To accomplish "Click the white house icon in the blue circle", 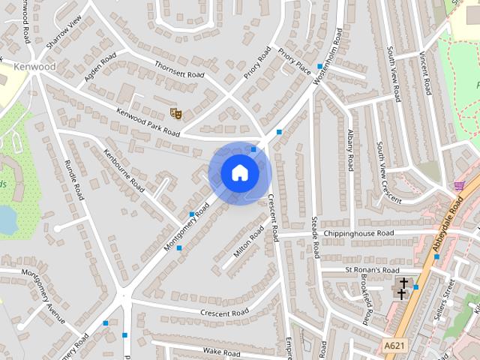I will (239, 173).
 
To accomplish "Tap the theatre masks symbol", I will (176, 113).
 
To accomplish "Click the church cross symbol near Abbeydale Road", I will (403, 287).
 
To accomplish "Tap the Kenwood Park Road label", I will (148, 121).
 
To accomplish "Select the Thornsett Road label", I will (178, 70).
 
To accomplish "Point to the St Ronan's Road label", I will (373, 269).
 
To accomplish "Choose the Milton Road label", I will (248, 242).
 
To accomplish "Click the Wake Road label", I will (220, 350).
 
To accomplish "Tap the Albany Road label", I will (349, 148).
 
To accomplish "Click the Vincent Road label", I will (425, 73).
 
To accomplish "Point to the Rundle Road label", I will (73, 180).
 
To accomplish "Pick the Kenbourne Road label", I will (124, 169).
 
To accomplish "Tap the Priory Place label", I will (294, 60).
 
